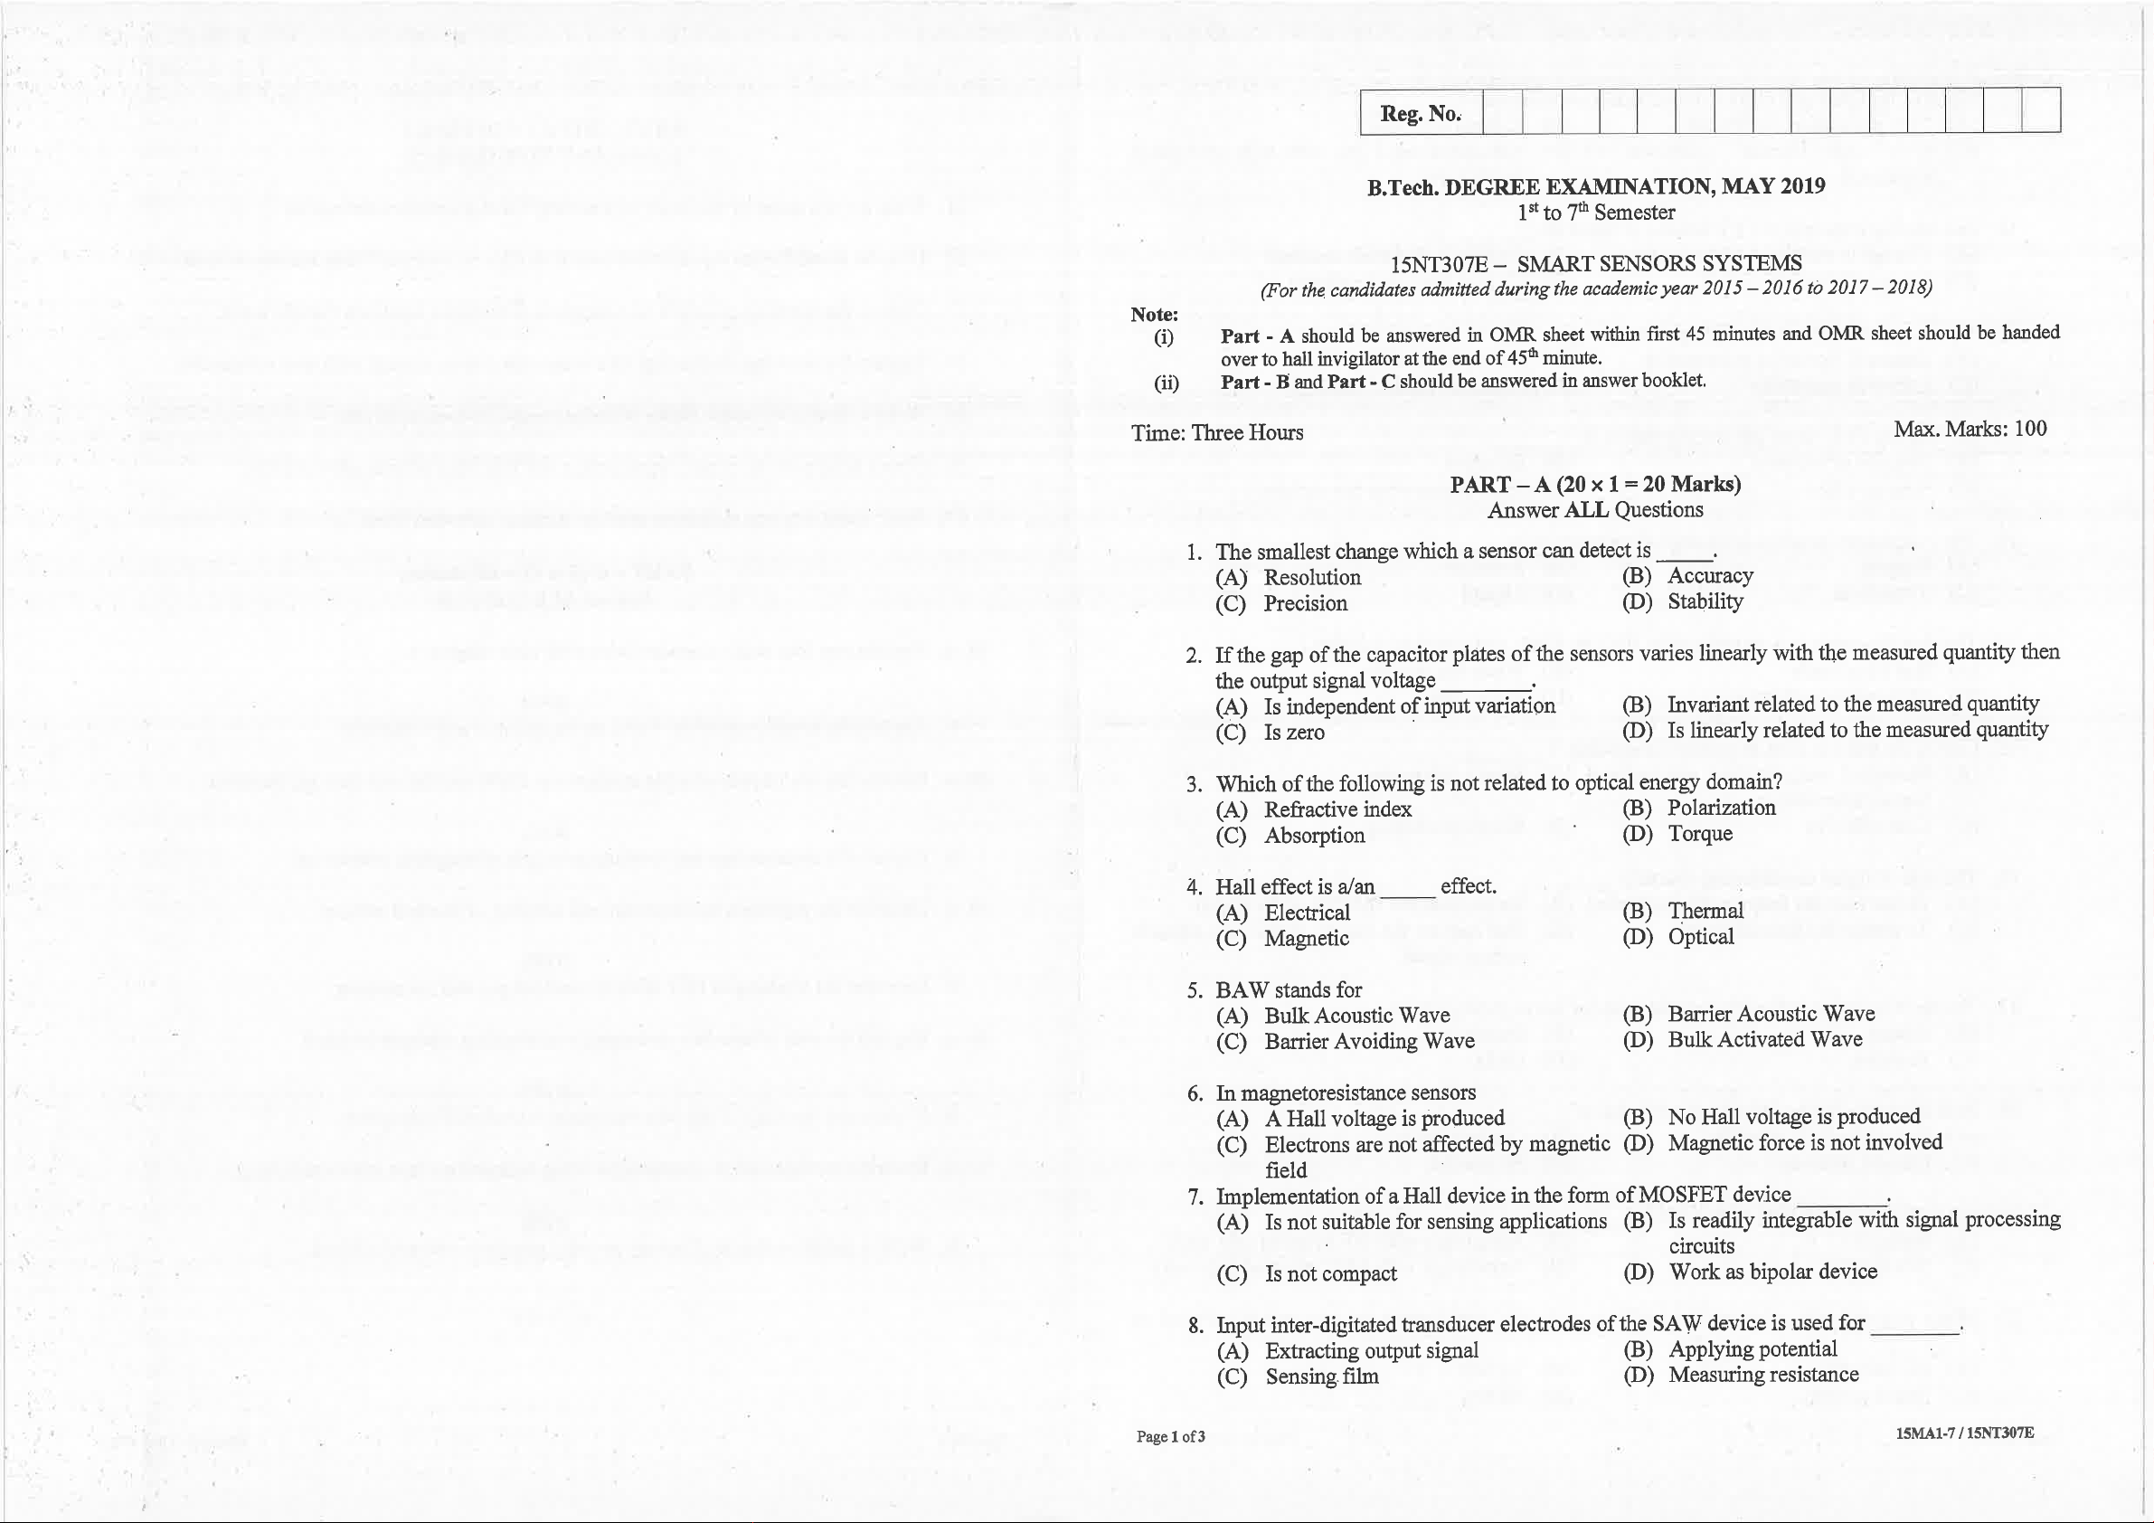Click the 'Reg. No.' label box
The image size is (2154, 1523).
1421,114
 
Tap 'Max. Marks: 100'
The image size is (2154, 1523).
1970,430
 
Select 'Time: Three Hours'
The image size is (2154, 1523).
1217,432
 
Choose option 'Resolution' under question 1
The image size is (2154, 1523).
1311,577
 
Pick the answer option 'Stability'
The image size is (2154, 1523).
1705,601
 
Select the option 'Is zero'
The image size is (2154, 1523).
1294,733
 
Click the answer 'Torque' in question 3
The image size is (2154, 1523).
1699,833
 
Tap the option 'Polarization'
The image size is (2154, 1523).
1721,808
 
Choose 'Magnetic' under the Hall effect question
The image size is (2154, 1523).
1306,939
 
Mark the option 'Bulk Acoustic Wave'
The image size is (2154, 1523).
1356,1016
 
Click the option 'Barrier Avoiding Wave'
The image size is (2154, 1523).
1369,1042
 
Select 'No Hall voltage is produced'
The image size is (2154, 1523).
1793,1117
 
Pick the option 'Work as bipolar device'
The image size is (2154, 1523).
1772,1272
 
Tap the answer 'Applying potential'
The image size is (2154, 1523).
1752,1348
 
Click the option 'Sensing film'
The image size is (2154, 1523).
1322,1376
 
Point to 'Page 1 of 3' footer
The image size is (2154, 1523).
1170,1437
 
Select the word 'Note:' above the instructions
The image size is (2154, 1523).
1154,315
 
